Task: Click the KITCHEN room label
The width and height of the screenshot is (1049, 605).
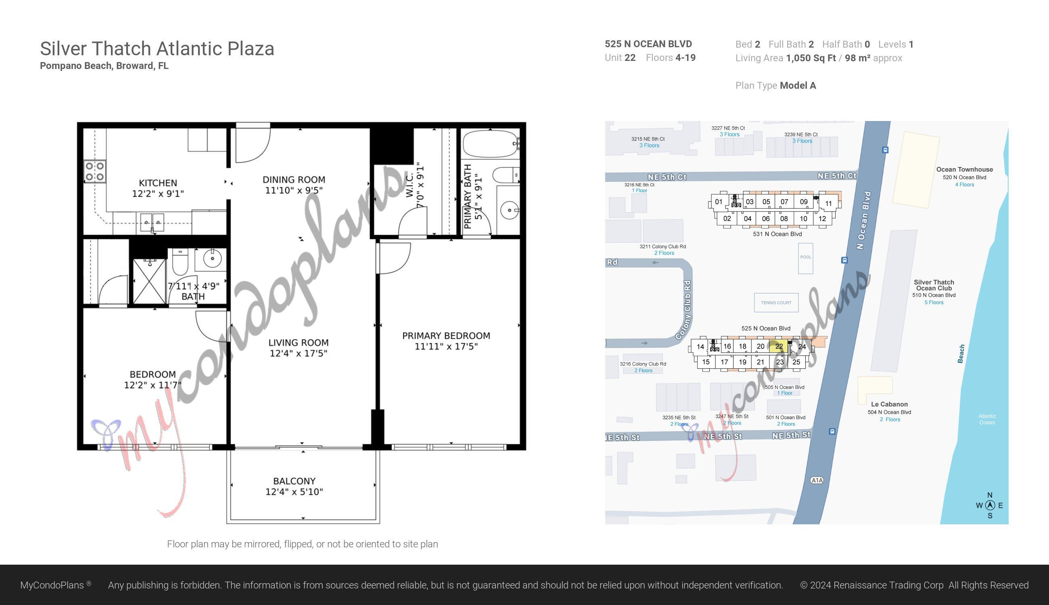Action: click(158, 183)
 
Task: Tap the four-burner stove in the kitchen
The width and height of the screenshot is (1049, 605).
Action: click(95, 171)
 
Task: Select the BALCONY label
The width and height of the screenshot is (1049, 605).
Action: click(294, 481)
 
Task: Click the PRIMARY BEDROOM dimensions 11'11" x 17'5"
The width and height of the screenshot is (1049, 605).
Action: click(446, 346)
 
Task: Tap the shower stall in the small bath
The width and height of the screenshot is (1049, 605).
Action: click(149, 281)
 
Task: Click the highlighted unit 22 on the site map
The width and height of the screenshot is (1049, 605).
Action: click(778, 346)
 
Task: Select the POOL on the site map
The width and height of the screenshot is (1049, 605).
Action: click(805, 258)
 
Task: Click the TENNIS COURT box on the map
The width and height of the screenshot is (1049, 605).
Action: click(776, 302)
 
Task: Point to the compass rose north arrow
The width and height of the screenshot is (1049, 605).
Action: click(990, 505)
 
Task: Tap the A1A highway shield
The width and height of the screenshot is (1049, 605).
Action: click(817, 480)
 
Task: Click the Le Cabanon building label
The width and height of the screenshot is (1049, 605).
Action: click(889, 404)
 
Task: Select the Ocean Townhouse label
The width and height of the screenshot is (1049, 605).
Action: click(964, 169)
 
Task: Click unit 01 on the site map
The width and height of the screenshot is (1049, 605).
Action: click(719, 202)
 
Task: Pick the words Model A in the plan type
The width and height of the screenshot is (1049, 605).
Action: click(798, 86)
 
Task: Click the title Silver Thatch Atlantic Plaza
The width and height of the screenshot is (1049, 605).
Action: click(157, 49)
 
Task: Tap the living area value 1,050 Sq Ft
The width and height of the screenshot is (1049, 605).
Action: click(811, 58)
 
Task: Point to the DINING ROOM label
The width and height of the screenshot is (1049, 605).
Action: click(294, 180)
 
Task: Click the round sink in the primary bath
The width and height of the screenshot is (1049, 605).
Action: click(510, 210)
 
